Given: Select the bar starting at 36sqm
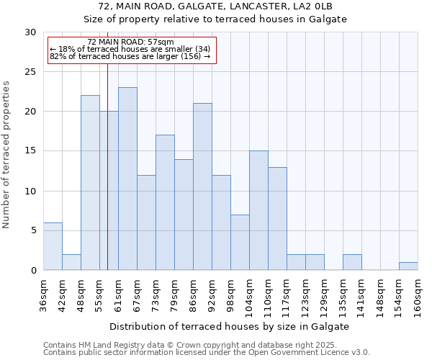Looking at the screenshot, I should click(x=53, y=246).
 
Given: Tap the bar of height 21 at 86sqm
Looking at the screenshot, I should click(x=202, y=186).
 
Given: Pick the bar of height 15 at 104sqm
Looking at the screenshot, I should click(x=258, y=210).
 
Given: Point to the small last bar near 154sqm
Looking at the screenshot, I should click(x=408, y=266).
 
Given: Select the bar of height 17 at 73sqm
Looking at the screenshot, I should click(x=165, y=202).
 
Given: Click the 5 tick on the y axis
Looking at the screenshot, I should click(x=33, y=230).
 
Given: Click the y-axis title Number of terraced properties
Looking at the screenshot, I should click(x=7, y=155).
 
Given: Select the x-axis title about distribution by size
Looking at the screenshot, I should click(x=230, y=326).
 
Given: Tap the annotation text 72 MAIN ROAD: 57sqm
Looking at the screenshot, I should click(x=130, y=42).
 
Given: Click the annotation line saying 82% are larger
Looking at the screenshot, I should click(x=130, y=56).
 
